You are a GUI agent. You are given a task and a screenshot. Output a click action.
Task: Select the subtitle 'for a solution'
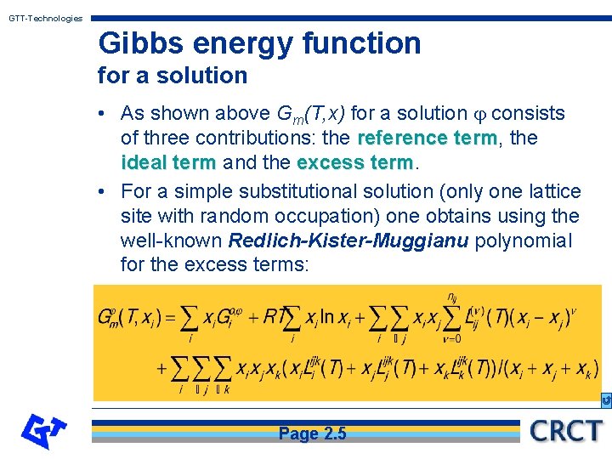(x=173, y=75)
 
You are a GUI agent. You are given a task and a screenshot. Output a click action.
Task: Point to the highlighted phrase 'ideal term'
(x=168, y=162)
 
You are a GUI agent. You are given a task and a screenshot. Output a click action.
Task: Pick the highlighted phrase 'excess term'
(x=355, y=162)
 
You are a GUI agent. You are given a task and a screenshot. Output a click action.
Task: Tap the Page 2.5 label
(x=312, y=433)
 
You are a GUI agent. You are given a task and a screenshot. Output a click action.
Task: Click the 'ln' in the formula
(x=327, y=317)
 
